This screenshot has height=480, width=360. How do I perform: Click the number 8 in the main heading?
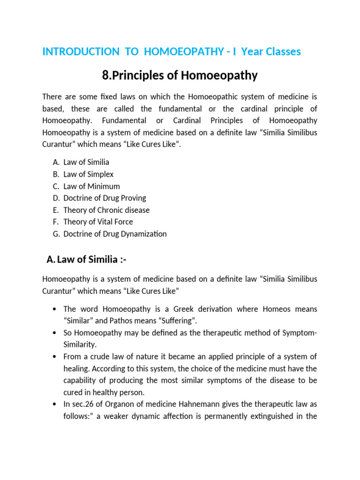click(x=105, y=75)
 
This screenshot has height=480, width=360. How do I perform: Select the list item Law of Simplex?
click(x=88, y=174)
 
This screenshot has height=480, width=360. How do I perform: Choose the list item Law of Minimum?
click(x=91, y=186)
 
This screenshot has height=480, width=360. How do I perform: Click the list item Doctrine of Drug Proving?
click(x=105, y=198)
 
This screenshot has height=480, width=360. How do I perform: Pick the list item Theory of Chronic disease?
click(x=106, y=210)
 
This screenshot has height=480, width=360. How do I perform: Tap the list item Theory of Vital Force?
click(x=98, y=222)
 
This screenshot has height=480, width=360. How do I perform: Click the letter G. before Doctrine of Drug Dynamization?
click(x=56, y=234)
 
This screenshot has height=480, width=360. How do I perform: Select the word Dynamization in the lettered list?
click(x=144, y=234)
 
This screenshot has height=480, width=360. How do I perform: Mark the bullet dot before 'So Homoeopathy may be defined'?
click(x=56, y=333)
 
